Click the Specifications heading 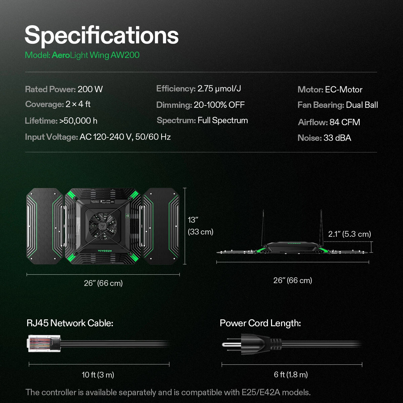coord(101,35)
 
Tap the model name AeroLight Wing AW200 coord(95,55)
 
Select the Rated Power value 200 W coord(90,89)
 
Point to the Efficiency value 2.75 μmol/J coord(219,89)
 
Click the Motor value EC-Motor coord(344,90)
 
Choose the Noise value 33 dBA coord(337,138)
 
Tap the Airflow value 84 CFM coord(345,122)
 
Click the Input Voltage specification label coord(51,137)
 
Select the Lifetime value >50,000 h coord(78,121)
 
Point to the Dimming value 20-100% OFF coord(219,105)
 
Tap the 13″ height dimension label coord(193,220)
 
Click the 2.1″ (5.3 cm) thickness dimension coord(349,234)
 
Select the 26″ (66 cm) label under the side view coord(293,280)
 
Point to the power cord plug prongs coord(230,344)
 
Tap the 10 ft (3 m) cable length coord(98,375)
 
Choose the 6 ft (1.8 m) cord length coord(291,375)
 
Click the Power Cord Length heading coord(260,323)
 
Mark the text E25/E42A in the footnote coord(260,392)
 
